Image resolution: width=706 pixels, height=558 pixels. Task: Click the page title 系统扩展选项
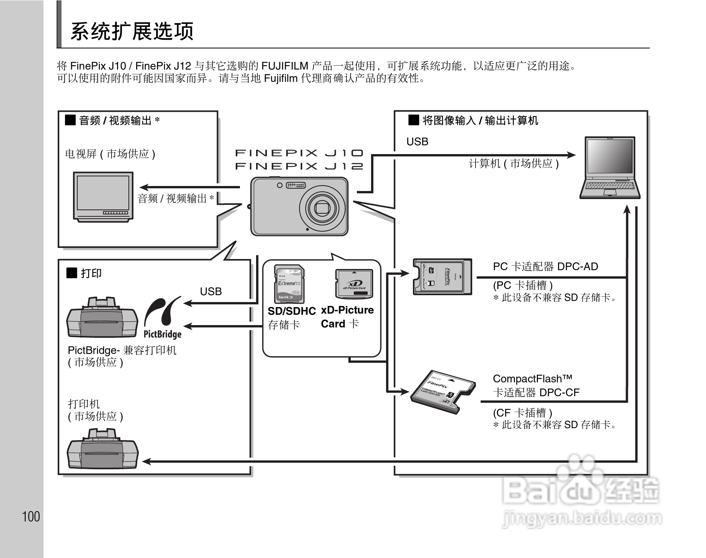click(x=132, y=32)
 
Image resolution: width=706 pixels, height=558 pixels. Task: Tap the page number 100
click(x=31, y=516)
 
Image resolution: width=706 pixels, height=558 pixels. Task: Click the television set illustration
click(x=103, y=196)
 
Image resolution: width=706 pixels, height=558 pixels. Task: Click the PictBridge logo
click(x=163, y=318)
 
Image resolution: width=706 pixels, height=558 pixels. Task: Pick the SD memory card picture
click(x=290, y=284)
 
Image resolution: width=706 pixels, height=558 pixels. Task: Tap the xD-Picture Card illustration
click(x=354, y=284)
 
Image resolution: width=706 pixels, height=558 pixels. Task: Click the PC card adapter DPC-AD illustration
click(x=442, y=277)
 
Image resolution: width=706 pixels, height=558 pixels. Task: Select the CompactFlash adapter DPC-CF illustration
click(x=442, y=392)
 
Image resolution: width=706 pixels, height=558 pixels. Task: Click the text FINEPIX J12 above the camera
click(x=299, y=166)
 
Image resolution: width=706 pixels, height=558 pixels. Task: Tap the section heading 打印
click(x=91, y=274)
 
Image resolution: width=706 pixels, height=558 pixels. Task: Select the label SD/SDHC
click(x=291, y=311)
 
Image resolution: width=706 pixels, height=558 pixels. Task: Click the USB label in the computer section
click(x=417, y=142)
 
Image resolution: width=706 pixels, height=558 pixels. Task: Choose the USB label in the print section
click(x=211, y=292)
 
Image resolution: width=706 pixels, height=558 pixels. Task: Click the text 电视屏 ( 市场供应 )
click(x=110, y=154)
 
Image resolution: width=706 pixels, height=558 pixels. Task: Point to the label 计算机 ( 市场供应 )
click(x=514, y=164)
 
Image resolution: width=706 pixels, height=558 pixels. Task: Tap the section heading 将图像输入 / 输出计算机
click(x=480, y=121)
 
